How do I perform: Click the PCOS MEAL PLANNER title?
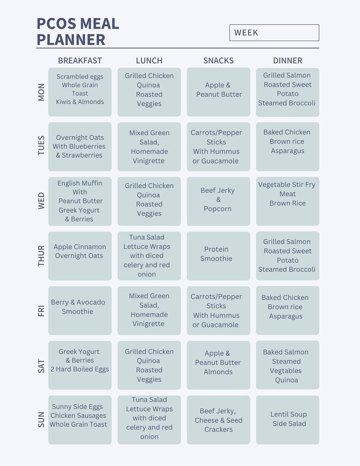pyautogui.click(x=78, y=31)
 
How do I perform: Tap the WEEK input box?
pyautogui.click(x=274, y=33)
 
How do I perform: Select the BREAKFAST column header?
pyautogui.click(x=80, y=61)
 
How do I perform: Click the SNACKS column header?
pyautogui.click(x=218, y=61)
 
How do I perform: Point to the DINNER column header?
pyautogui.click(x=287, y=61)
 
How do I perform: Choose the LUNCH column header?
pyautogui.click(x=149, y=61)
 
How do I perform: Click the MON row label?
pyautogui.click(x=41, y=92)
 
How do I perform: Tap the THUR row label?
pyautogui.click(x=41, y=256)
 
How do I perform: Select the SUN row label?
pyautogui.click(x=41, y=420)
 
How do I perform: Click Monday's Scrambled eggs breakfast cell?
pyautogui.click(x=80, y=92)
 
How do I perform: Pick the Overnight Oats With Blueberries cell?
pyautogui.click(x=80, y=146)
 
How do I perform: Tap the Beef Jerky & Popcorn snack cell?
pyautogui.click(x=218, y=201)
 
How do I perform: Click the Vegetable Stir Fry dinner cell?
pyautogui.click(x=287, y=201)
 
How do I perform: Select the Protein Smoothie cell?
pyautogui.click(x=218, y=256)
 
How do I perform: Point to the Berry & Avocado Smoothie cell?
pyautogui.click(x=80, y=310)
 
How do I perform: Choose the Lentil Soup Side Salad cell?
pyautogui.click(x=287, y=420)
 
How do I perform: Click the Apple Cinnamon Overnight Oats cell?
pyautogui.click(x=80, y=256)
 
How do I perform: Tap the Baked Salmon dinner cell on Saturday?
pyautogui.click(x=287, y=365)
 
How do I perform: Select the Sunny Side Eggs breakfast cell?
pyautogui.click(x=80, y=420)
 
